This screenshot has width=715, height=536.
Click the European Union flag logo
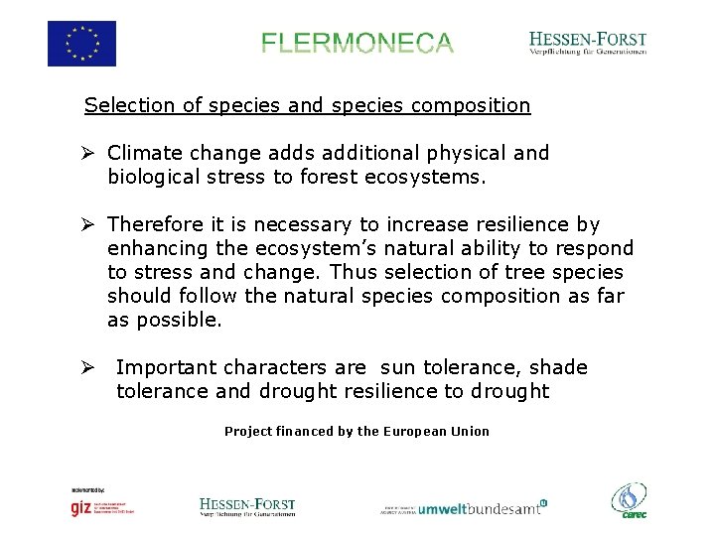coord(81,44)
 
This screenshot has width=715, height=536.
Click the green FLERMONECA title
coord(357,44)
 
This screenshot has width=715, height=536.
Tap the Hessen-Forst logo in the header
coord(588,43)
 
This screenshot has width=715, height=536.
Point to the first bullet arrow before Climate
coord(88,154)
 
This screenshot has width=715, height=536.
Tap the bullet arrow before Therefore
coord(88,225)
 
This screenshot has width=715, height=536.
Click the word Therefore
coord(155,225)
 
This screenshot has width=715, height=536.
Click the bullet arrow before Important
coord(88,368)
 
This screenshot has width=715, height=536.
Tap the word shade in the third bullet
coord(559,368)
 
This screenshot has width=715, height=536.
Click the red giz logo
coord(80,508)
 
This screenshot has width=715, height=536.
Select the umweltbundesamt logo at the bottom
coord(482,508)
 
